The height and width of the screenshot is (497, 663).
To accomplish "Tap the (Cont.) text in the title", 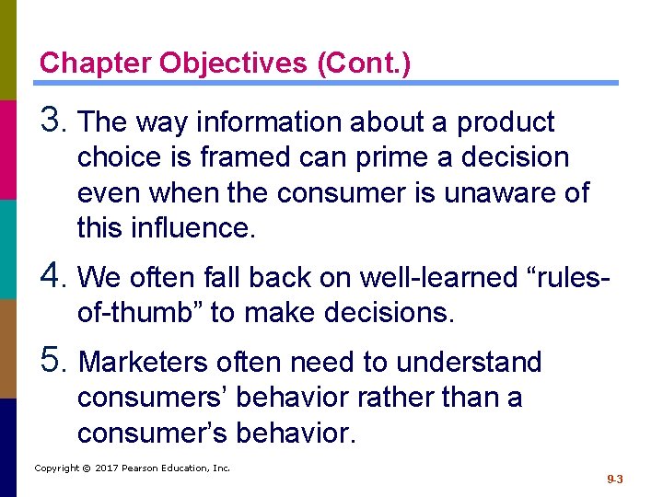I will point(364,64).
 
